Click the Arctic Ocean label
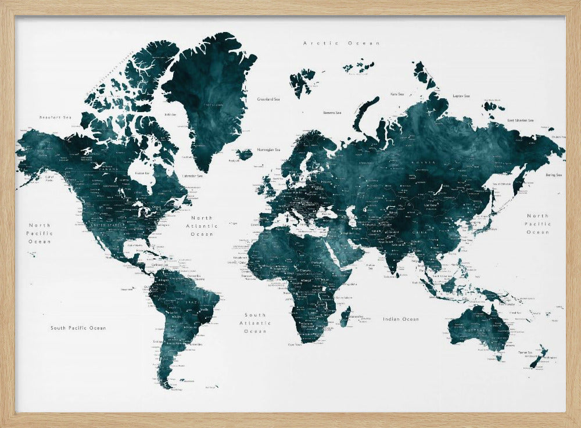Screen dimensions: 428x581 click(x=342, y=43)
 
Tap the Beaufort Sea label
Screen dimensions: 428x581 click(x=55, y=117)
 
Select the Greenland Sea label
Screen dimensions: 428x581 click(x=269, y=99)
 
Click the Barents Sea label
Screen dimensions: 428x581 click(x=332, y=113)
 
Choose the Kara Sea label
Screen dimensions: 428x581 click(x=397, y=93)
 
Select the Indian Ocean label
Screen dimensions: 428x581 click(x=401, y=319)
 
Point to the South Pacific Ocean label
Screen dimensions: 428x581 click(x=78, y=328)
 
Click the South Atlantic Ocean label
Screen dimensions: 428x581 click(x=255, y=323)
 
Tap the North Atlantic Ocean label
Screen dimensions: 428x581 click(x=201, y=226)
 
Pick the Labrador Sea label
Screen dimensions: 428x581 click(x=192, y=176)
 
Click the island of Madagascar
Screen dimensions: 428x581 click(x=345, y=316)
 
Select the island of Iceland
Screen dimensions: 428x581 click(x=245, y=154)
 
